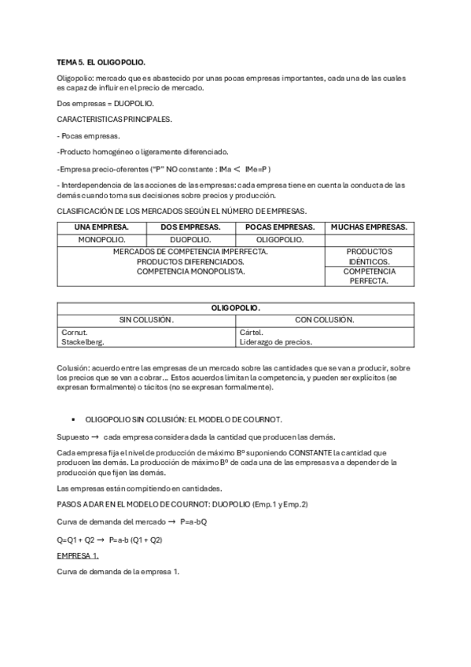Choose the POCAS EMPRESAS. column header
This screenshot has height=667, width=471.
(x=280, y=227)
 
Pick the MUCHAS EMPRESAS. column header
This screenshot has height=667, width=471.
(x=369, y=227)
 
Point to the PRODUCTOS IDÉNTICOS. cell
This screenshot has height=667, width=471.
(x=369, y=256)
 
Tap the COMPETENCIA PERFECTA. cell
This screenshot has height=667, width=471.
(x=369, y=276)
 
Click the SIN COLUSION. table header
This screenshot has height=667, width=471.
(x=146, y=319)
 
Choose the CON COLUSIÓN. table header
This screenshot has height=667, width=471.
(x=324, y=319)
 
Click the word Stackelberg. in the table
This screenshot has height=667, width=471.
(x=83, y=342)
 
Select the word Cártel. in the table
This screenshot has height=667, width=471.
(x=252, y=332)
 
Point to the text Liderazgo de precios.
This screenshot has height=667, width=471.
(x=275, y=342)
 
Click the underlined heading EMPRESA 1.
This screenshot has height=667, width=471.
(x=78, y=555)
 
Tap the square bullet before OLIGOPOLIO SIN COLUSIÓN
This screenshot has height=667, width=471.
(x=72, y=420)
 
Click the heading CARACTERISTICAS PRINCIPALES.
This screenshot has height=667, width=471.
(x=115, y=120)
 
